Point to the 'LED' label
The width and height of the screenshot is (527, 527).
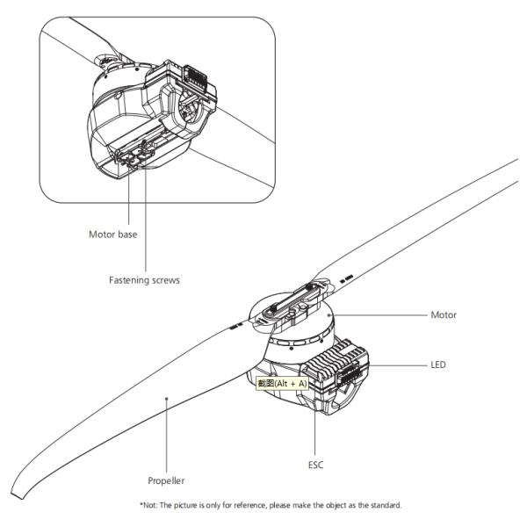[439, 364]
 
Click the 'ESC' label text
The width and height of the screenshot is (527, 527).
[315, 464]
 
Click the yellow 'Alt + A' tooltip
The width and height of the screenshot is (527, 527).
[281, 383]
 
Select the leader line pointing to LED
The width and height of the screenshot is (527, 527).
[400, 364]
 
